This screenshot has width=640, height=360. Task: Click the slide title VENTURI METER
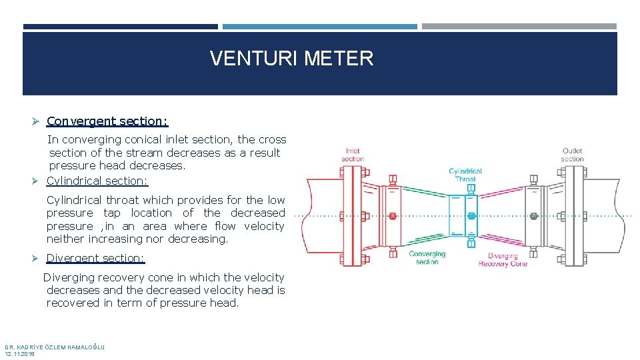(x=291, y=59)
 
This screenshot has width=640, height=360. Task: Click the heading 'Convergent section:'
(x=107, y=121)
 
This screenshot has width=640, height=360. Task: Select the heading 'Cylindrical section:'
(x=97, y=181)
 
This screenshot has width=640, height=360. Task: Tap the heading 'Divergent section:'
(x=95, y=258)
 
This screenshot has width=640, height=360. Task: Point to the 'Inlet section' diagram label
(x=353, y=155)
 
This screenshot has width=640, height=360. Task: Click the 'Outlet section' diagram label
(x=572, y=155)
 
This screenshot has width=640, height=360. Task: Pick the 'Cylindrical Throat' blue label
(x=465, y=175)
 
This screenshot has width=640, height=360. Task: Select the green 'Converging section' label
(x=427, y=258)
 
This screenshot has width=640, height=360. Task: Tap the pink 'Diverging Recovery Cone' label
(x=503, y=260)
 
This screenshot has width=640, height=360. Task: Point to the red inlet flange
(x=349, y=215)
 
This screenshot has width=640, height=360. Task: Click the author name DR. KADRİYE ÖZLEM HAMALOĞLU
(x=55, y=347)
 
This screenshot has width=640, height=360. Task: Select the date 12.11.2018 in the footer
(x=20, y=354)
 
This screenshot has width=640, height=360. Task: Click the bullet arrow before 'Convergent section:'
(x=37, y=121)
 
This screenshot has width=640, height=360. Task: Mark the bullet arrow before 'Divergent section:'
(x=37, y=258)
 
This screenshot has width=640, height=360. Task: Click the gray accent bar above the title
(x=519, y=27)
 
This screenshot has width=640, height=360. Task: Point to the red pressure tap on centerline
(x=392, y=216)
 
